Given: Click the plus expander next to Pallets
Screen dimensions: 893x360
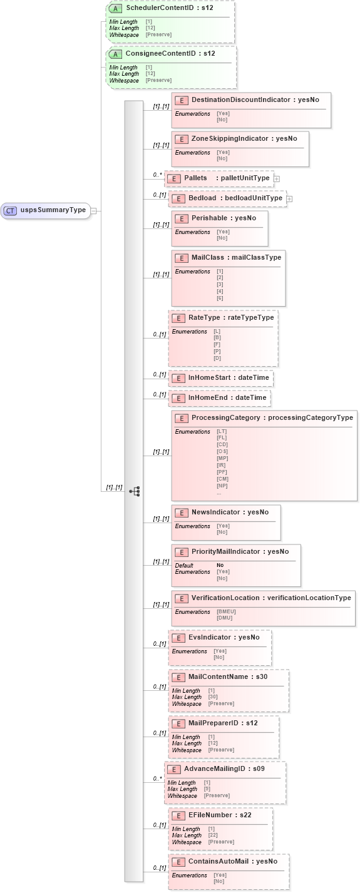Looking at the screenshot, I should [277, 179].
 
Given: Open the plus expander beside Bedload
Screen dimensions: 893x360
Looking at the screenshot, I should [289, 199].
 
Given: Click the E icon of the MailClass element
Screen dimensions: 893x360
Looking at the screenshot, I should [181, 258].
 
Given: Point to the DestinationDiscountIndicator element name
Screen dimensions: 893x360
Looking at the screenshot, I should [240, 100].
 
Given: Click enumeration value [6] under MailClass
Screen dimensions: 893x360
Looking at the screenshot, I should [220, 297].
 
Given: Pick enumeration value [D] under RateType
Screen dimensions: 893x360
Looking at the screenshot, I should [217, 358].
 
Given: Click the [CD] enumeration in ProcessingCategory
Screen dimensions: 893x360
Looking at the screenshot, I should [222, 444].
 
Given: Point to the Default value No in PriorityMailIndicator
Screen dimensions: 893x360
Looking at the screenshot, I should [220, 565].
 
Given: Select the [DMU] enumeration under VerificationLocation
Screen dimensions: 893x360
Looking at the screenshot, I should [224, 618].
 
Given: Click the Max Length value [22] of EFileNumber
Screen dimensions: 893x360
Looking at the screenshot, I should [213, 835].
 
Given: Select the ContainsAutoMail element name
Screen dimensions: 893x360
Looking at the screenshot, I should [219, 861].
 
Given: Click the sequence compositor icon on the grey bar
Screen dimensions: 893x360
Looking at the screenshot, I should [134, 491].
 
